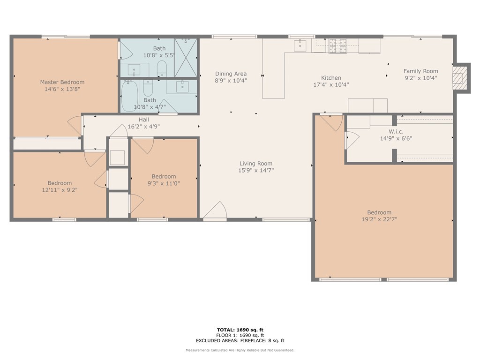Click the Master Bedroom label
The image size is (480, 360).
click(x=62, y=82)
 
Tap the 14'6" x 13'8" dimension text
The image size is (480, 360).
click(x=62, y=89)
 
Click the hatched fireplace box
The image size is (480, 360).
click(x=460, y=78)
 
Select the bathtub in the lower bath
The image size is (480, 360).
click(x=129, y=96)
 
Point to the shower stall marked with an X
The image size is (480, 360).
click(x=186, y=58)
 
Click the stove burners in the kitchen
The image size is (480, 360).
click(x=337, y=45)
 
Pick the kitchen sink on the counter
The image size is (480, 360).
click(x=300, y=45)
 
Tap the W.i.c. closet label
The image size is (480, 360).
click(x=396, y=131)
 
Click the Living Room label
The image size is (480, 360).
click(x=255, y=164)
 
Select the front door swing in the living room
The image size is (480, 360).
click(x=216, y=211)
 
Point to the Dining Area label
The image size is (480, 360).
click(x=231, y=74)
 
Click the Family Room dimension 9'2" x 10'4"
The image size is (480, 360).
click(x=420, y=78)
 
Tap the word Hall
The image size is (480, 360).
click(x=143, y=120)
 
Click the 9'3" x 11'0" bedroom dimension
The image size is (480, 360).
click(x=164, y=183)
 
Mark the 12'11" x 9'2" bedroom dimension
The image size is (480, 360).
click(x=60, y=190)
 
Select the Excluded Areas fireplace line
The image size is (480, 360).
click(x=240, y=341)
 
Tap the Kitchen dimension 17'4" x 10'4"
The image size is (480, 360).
click(x=331, y=85)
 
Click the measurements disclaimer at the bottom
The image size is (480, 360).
click(x=240, y=350)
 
